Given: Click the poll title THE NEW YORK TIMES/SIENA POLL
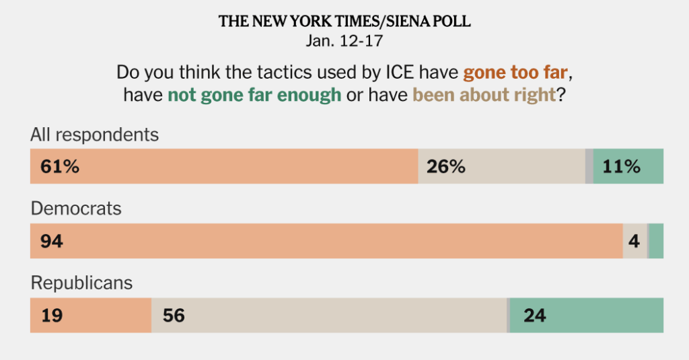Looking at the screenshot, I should click(x=344, y=22).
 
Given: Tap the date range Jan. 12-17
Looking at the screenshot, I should click(x=344, y=40).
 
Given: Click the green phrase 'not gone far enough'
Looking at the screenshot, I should click(x=254, y=95).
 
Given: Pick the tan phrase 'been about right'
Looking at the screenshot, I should click(x=484, y=95).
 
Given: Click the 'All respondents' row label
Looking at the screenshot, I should click(x=95, y=135).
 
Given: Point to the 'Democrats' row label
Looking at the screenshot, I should click(x=76, y=209).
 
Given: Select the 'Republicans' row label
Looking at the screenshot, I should click(x=82, y=283).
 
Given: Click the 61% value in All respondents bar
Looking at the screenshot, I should click(x=60, y=167).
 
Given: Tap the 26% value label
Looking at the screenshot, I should click(x=445, y=167).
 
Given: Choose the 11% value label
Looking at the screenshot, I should click(x=622, y=167).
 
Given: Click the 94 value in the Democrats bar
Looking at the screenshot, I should click(x=52, y=241).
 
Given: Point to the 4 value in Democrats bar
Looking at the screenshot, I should click(x=634, y=241).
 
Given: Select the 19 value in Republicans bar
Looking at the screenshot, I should click(x=52, y=315).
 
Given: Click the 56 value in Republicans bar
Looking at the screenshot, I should click(x=174, y=315).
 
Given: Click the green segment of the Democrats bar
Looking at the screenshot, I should click(x=656, y=241).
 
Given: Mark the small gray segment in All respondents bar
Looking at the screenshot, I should click(x=589, y=167).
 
